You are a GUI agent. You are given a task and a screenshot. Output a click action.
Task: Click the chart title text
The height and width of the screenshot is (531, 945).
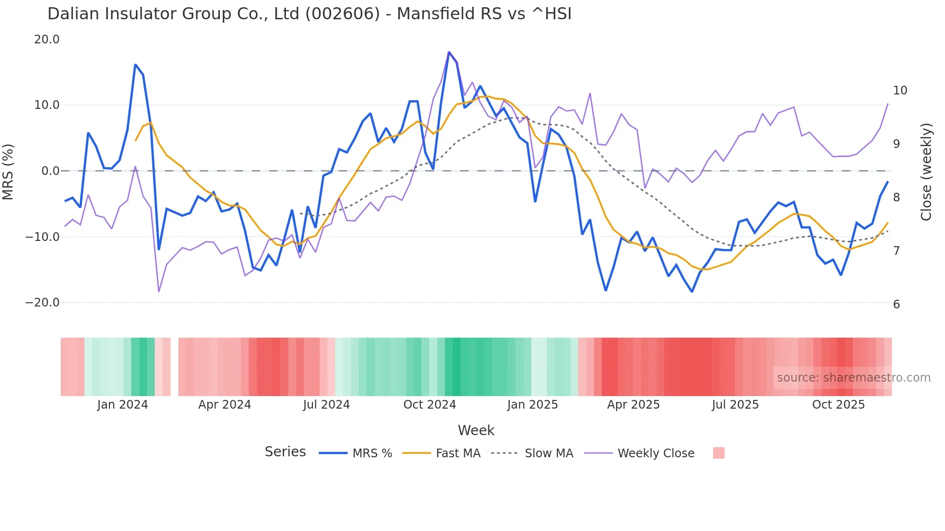click(309, 14)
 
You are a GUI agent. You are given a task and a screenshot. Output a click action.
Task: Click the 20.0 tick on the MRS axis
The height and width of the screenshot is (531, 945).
click(47, 40)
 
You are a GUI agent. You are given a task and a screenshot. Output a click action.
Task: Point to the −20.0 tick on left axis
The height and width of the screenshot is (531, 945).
click(42, 303)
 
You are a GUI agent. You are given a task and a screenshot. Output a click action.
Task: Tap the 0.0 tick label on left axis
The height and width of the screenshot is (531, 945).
click(50, 171)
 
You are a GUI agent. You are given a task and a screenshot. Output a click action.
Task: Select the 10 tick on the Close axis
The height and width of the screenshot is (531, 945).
click(900, 91)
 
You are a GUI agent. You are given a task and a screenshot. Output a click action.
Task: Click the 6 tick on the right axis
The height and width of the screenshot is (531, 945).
click(896, 305)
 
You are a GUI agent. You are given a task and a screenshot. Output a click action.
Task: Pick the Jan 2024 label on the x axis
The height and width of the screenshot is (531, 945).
click(122, 405)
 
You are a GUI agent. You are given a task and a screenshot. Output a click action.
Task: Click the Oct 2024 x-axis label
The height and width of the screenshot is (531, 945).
click(429, 405)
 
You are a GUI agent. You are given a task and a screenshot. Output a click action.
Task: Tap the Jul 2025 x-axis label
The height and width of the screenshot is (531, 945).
click(735, 405)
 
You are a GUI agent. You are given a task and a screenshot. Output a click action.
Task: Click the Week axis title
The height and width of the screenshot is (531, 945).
click(476, 430)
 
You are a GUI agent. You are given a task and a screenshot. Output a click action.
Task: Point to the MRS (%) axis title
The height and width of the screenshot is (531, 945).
click(8, 172)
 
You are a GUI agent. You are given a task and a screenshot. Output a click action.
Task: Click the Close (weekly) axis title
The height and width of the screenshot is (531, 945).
click(926, 172)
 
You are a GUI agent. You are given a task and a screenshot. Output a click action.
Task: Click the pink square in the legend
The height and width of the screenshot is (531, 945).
click(718, 453)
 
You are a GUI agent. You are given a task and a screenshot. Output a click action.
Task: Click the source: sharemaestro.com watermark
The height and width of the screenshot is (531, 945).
click(853, 378)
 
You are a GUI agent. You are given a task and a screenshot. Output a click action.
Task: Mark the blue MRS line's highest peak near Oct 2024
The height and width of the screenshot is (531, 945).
click(449, 52)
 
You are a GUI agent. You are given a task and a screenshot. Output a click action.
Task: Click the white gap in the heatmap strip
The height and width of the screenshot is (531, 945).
click(175, 367)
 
